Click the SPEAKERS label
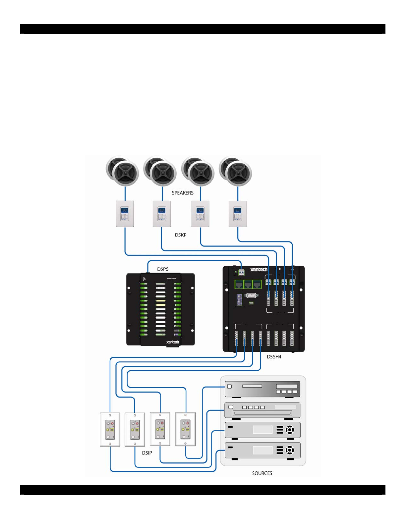[183, 193]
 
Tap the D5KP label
[181, 235]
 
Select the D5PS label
[163, 269]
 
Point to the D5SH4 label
[274, 357]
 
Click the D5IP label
[147, 453]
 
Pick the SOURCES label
[262, 473]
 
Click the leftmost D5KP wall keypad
[125, 214]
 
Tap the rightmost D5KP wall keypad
[238, 214]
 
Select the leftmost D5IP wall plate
[110, 429]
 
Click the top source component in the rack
[262, 389]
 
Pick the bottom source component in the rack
[262, 450]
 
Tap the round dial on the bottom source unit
[290, 450]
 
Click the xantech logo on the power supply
[172, 342]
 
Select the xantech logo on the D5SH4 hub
[259, 270]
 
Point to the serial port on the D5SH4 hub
[251, 295]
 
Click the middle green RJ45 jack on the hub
[248, 284]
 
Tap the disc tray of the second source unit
[262, 413]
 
